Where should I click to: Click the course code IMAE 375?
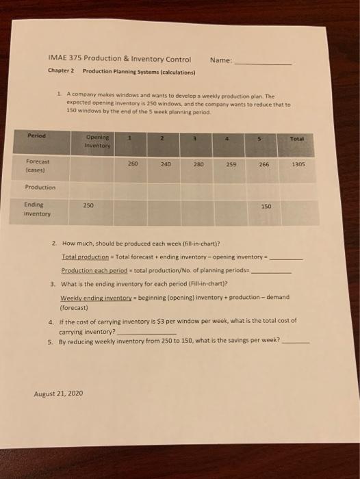click(64, 58)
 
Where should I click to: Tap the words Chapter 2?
click(61, 71)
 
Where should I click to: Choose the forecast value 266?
click(264, 164)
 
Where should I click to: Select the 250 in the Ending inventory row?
click(89, 205)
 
